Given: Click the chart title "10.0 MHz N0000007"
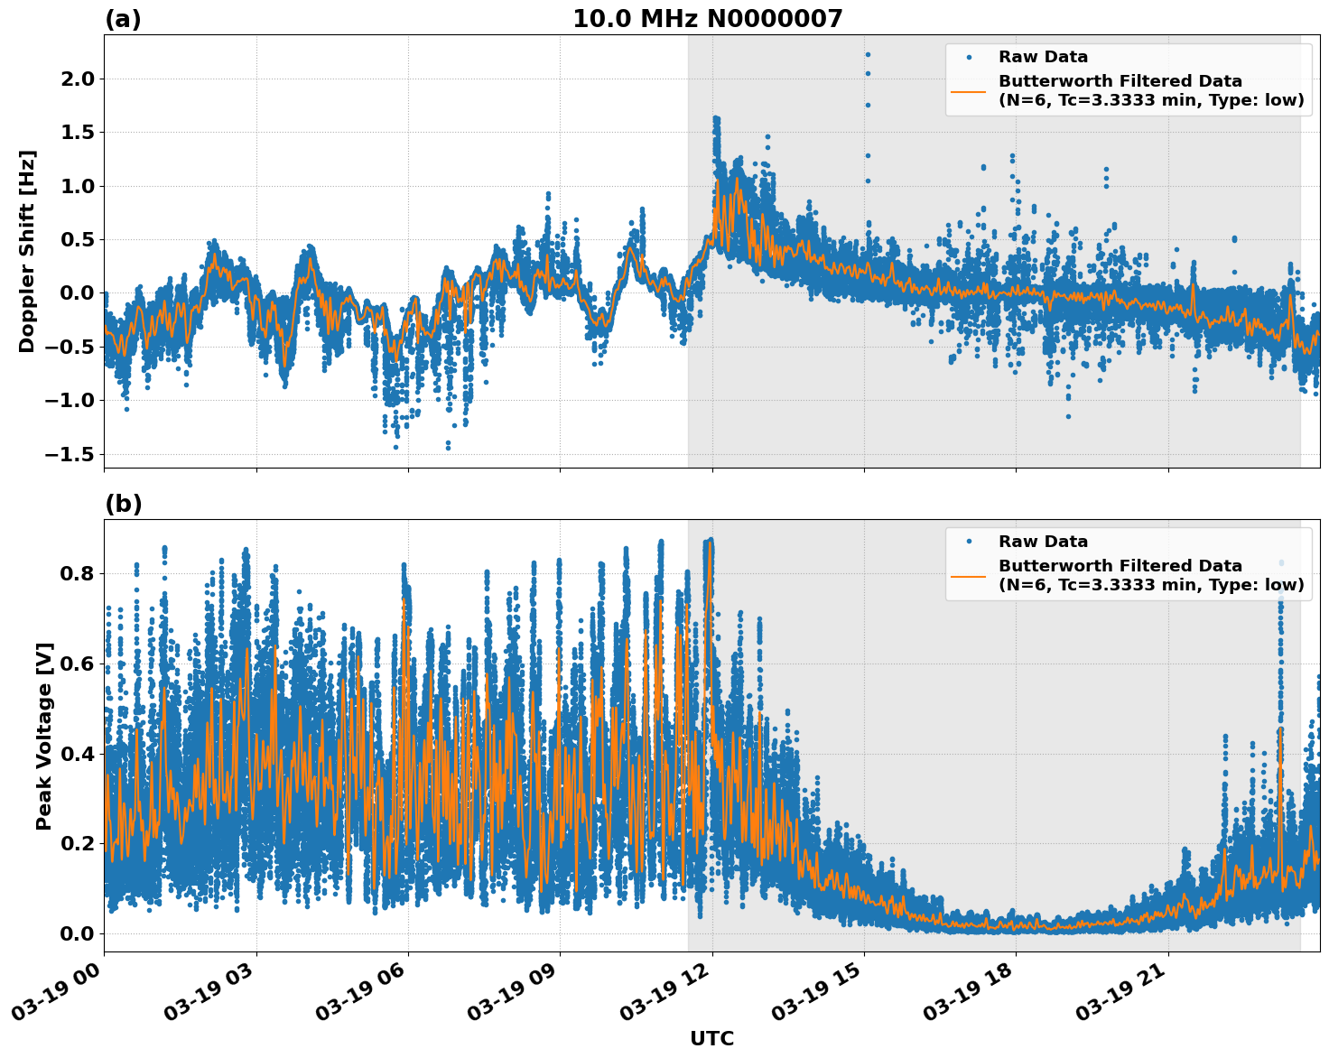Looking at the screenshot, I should (707, 19).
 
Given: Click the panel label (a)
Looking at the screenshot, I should (123, 19).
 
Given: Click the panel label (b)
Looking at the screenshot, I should (123, 504).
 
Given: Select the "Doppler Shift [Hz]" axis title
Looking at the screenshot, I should (27, 251).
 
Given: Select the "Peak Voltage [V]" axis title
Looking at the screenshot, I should (44, 736).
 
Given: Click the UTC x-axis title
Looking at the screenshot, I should (711, 1038).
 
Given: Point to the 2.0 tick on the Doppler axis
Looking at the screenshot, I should (76, 79).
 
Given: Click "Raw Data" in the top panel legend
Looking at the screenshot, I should (1043, 58).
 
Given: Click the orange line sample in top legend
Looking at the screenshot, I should (968, 91).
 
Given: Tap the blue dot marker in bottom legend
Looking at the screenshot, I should (968, 542).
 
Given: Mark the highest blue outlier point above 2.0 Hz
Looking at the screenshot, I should (868, 54).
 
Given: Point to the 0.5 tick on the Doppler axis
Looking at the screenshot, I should (76, 240).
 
